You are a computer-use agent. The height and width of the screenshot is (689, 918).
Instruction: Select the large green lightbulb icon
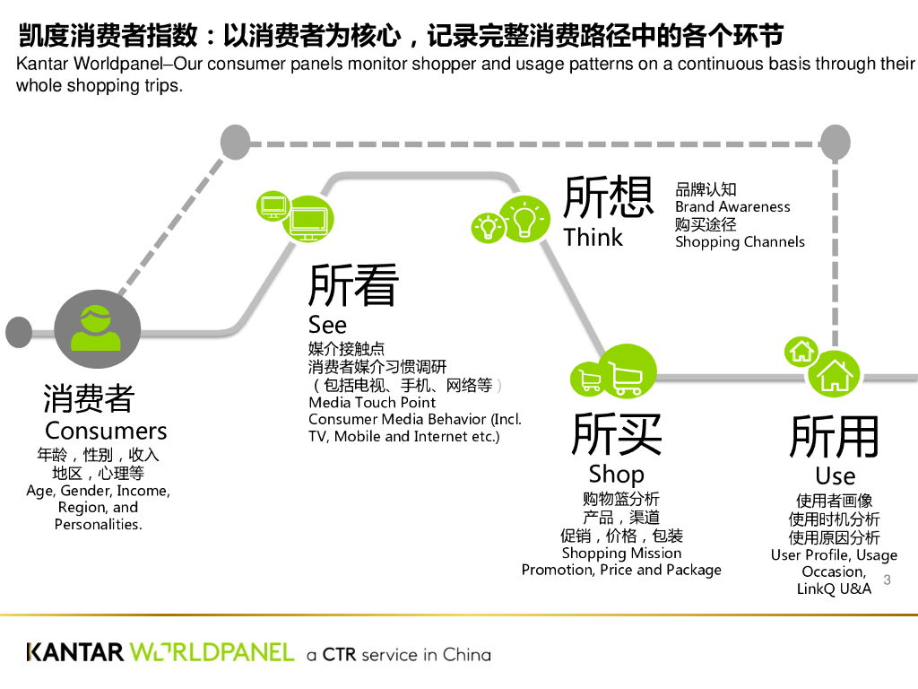tap(524, 218)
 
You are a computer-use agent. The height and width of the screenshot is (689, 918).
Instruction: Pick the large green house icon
tap(834, 372)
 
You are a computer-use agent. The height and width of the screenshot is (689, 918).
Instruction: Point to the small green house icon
tap(801, 352)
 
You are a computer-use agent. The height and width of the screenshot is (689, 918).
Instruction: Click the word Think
tap(593, 238)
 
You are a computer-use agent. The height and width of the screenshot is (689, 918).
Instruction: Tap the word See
tap(327, 324)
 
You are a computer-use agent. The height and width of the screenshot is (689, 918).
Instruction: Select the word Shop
tap(616, 474)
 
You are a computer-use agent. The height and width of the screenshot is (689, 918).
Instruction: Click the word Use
tap(835, 475)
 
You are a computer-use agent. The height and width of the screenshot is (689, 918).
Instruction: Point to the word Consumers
tap(106, 431)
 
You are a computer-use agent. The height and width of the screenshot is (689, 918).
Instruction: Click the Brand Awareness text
tap(732, 207)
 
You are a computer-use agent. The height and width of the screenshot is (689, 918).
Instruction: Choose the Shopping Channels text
tap(740, 242)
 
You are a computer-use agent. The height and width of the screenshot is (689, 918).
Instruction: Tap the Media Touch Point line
tap(372, 403)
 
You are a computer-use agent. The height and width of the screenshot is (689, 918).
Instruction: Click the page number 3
tap(887, 580)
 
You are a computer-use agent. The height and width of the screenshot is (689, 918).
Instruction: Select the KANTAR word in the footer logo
tap(75, 652)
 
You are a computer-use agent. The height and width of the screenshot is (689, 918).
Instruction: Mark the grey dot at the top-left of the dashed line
tap(236, 141)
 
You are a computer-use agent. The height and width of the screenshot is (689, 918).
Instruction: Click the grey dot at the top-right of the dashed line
tap(835, 141)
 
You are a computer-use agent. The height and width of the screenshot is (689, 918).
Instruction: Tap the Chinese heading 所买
tap(617, 435)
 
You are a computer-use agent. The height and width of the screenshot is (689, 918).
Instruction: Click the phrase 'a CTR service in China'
tap(398, 654)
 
